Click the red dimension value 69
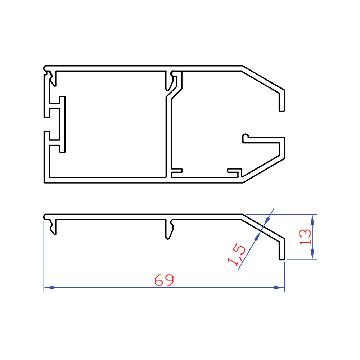click(164, 280)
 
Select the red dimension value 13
click(305, 237)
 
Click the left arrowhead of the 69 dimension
click(49, 287)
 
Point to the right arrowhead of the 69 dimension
click(279, 287)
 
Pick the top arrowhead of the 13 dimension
click(312, 220)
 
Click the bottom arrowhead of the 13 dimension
click(312, 255)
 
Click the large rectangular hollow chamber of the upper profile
click(108, 124)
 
